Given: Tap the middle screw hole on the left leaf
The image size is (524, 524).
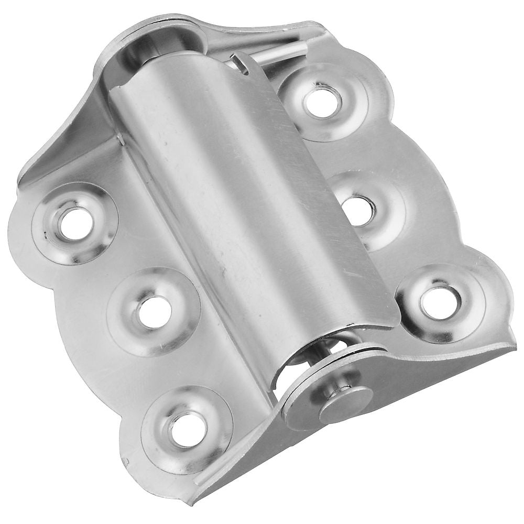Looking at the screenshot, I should pos(154,312).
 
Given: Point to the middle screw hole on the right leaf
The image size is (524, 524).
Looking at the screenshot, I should pos(358,211).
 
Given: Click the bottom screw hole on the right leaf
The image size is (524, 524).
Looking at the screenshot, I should pos(440,303).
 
